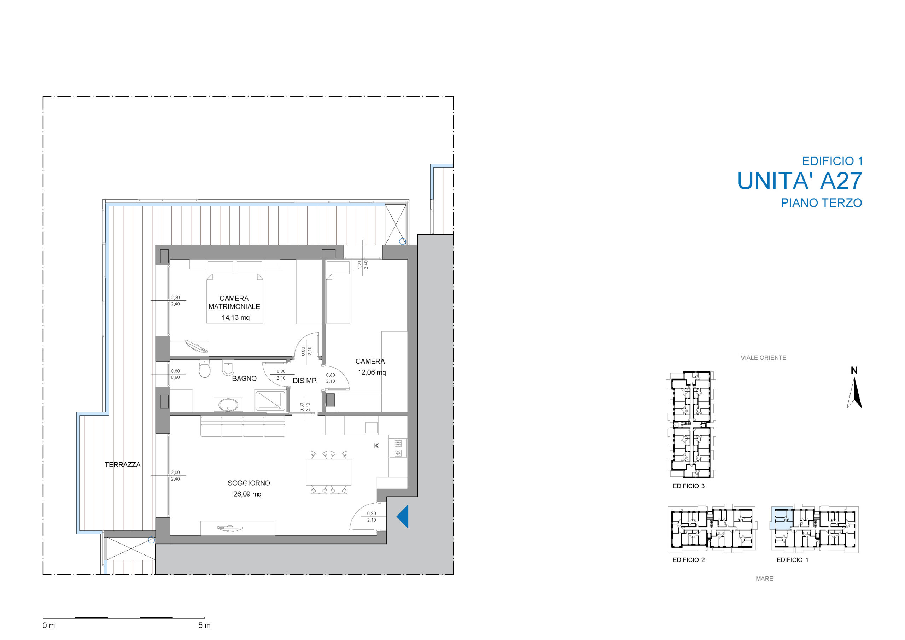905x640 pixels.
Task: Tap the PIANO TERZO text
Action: click(x=822, y=203)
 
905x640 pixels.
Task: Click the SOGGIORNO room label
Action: click(x=249, y=483)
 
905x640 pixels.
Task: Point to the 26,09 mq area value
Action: click(x=247, y=494)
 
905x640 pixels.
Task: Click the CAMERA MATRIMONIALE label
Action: click(x=234, y=302)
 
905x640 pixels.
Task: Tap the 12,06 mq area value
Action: click(x=372, y=372)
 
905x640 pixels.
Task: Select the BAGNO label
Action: click(x=244, y=378)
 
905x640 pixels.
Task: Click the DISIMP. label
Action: click(x=305, y=381)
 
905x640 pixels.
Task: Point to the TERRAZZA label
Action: click(x=123, y=465)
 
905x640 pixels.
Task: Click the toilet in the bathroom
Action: click(x=205, y=369)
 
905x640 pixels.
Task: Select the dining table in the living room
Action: click(x=328, y=472)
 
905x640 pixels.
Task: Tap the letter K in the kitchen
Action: click(x=376, y=446)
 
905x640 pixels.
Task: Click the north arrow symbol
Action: click(x=854, y=392)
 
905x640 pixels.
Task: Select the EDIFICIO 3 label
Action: click(x=689, y=486)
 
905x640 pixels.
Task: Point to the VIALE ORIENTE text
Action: click(x=764, y=358)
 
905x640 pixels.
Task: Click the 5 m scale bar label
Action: click(x=204, y=626)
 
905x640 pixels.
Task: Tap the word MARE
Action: click(x=765, y=579)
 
